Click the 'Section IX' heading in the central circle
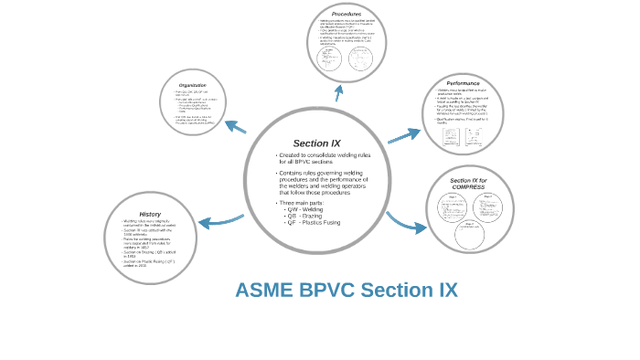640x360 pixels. point(316,143)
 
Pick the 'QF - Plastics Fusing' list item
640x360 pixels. point(313,222)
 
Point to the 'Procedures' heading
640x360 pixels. point(346,14)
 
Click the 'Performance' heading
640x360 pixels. point(464,83)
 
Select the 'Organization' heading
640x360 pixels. point(192,85)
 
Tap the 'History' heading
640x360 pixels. point(150,214)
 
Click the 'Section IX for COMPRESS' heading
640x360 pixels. point(468,184)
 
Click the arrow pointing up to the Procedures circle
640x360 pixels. point(339,91)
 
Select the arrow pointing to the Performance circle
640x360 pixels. point(403,136)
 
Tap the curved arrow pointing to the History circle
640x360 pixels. point(219,220)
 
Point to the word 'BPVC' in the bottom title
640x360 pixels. point(326,291)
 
